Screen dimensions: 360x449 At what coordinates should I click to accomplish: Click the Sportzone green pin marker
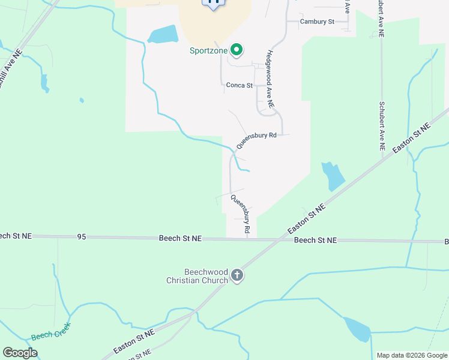pos(237,50)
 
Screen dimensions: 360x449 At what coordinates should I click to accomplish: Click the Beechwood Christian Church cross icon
pos(237,275)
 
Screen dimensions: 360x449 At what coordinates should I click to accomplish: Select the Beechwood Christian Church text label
pos(197,276)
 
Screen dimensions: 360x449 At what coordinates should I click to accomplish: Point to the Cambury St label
pos(317,22)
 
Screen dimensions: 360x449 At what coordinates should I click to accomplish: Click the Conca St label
pos(239,85)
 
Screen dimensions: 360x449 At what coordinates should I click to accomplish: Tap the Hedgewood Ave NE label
pos(270,79)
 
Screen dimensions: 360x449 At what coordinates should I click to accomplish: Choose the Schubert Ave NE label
pos(382,125)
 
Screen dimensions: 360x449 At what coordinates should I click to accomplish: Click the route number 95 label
pos(82,237)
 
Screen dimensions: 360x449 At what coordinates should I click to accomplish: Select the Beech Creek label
pos(51,332)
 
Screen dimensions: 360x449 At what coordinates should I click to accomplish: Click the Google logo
pos(20,353)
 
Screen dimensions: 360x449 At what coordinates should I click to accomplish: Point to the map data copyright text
pos(412,355)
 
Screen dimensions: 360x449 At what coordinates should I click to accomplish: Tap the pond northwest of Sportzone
pos(163,34)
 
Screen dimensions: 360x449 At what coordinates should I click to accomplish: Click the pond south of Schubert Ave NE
pos(333,176)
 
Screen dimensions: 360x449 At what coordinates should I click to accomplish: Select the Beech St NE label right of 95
pos(180,238)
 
